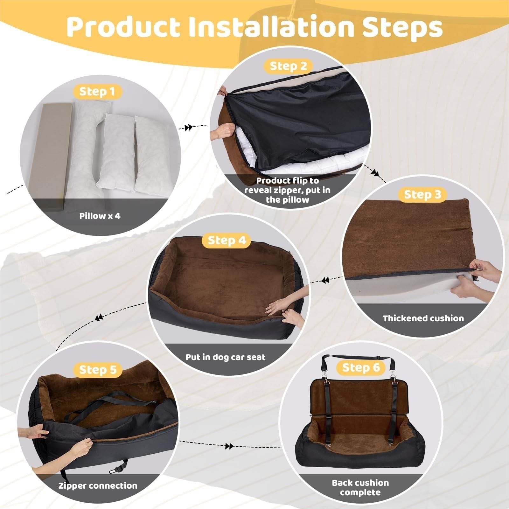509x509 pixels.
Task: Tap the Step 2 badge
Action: coord(288,66)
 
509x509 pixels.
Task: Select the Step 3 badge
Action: coord(422,194)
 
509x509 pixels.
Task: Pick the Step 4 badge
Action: coord(227,240)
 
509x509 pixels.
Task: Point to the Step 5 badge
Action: coord(97,370)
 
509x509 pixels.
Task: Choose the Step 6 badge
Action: coord(361,367)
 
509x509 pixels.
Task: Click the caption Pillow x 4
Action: coord(100,216)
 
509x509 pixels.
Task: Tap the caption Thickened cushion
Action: coord(423,318)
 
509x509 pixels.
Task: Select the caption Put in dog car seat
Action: coord(225,357)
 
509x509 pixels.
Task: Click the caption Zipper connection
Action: coord(98,485)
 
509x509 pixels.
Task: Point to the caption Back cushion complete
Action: coord(360,487)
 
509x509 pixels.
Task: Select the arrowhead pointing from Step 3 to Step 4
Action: coord(325,281)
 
